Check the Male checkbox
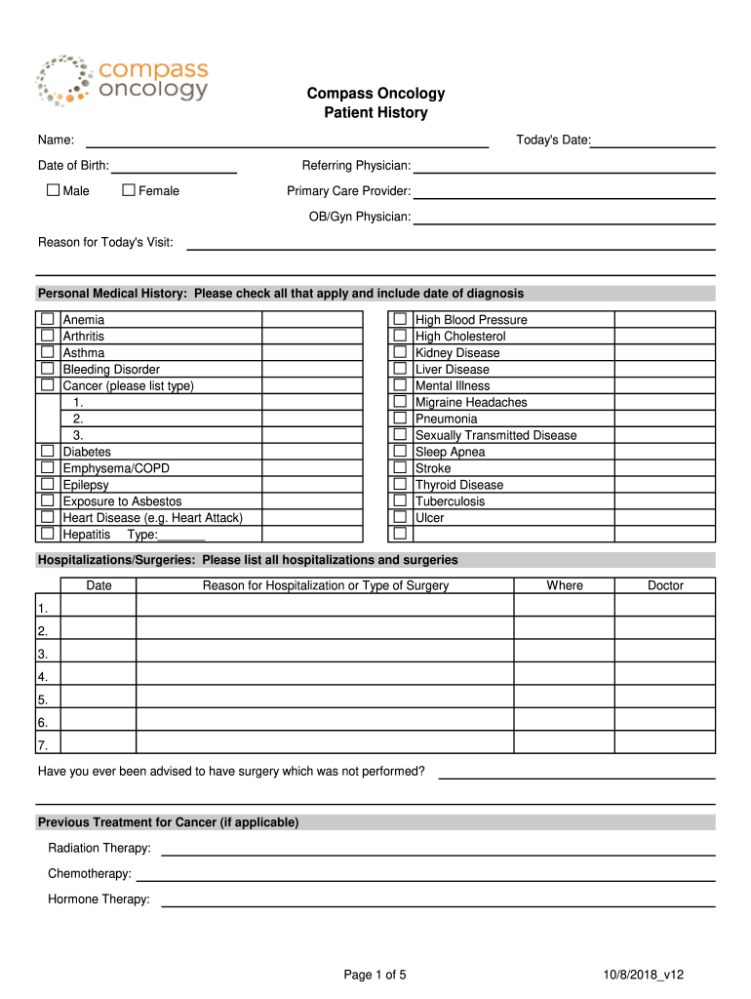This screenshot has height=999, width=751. (x=54, y=190)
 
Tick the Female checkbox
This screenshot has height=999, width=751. (x=128, y=190)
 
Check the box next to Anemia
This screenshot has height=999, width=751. (x=47, y=320)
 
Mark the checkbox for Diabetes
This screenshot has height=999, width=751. (x=47, y=452)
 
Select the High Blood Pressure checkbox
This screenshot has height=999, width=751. (x=400, y=320)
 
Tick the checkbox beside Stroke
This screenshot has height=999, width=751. (x=400, y=468)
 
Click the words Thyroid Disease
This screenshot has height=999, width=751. (x=459, y=485)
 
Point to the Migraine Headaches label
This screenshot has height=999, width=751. (x=471, y=402)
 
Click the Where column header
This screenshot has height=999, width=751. (x=565, y=585)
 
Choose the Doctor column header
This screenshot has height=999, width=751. (x=665, y=585)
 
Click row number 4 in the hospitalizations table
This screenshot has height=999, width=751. (x=43, y=676)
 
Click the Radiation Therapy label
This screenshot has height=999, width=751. (x=99, y=848)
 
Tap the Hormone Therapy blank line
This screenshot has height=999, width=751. (x=438, y=901)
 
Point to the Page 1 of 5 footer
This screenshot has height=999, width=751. (x=375, y=975)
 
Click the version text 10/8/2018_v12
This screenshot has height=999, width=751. (x=644, y=975)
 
